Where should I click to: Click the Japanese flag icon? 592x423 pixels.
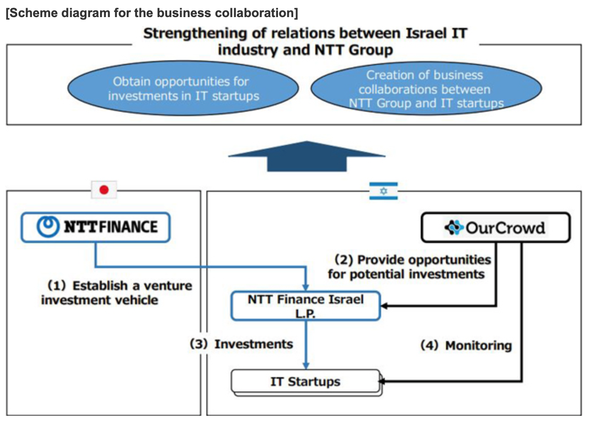pos(104,190)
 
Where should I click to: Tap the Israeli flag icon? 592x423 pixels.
pos(383,191)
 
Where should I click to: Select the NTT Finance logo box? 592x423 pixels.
pos(96,227)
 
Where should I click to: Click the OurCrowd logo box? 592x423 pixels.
pos(495,228)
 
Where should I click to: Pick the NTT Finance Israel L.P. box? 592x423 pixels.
pos(305,306)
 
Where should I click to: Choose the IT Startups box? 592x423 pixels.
pos(305,382)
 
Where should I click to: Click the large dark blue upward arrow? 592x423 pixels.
pos(306,157)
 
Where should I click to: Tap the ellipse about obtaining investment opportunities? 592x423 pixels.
pos(183,89)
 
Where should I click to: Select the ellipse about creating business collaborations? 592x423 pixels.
pos(426,89)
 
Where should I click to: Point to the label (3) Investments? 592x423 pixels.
pos(241,344)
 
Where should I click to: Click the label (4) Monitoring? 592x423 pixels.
pos(466,346)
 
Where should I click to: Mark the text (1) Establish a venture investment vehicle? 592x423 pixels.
pos(116,293)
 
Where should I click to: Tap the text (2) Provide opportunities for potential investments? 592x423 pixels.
pos(409,267)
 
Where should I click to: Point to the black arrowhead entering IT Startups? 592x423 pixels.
pos(383,382)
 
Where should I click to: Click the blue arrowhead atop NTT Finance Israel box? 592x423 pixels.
pos(306,287)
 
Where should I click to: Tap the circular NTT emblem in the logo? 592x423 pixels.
pos(48,227)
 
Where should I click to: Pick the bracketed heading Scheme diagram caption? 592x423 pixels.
pos(152,13)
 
